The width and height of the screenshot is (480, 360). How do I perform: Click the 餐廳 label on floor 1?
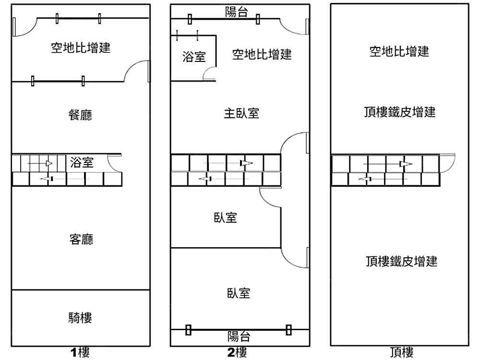pyautogui.click(x=81, y=115)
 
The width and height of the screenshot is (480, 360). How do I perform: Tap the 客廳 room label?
pyautogui.click(x=81, y=239)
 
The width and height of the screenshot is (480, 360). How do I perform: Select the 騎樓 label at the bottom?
pyautogui.click(x=80, y=317)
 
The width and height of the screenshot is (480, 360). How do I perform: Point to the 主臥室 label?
pyautogui.click(x=241, y=113)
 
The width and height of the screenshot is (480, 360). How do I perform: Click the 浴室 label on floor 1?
pyautogui.click(x=82, y=162)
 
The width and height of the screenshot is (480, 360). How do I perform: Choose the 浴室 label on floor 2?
pyautogui.click(x=194, y=57)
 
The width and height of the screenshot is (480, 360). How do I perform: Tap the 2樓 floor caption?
pyautogui.click(x=237, y=353)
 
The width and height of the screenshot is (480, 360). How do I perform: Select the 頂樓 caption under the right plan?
pyautogui.click(x=402, y=353)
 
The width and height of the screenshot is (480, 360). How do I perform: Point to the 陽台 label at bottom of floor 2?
pyautogui.click(x=239, y=336)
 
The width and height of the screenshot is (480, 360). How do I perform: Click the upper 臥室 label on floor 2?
pyautogui.click(x=226, y=217)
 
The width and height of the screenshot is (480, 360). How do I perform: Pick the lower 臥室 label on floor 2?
pyautogui.click(x=239, y=293)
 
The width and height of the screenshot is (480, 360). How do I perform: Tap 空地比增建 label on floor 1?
pyautogui.click(x=81, y=48)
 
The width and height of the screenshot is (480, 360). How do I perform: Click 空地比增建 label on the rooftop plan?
pyautogui.click(x=399, y=51)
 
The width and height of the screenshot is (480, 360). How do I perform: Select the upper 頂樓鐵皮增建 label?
pyautogui.click(x=400, y=112)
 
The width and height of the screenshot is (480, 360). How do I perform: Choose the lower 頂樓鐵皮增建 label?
pyautogui.click(x=401, y=262)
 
